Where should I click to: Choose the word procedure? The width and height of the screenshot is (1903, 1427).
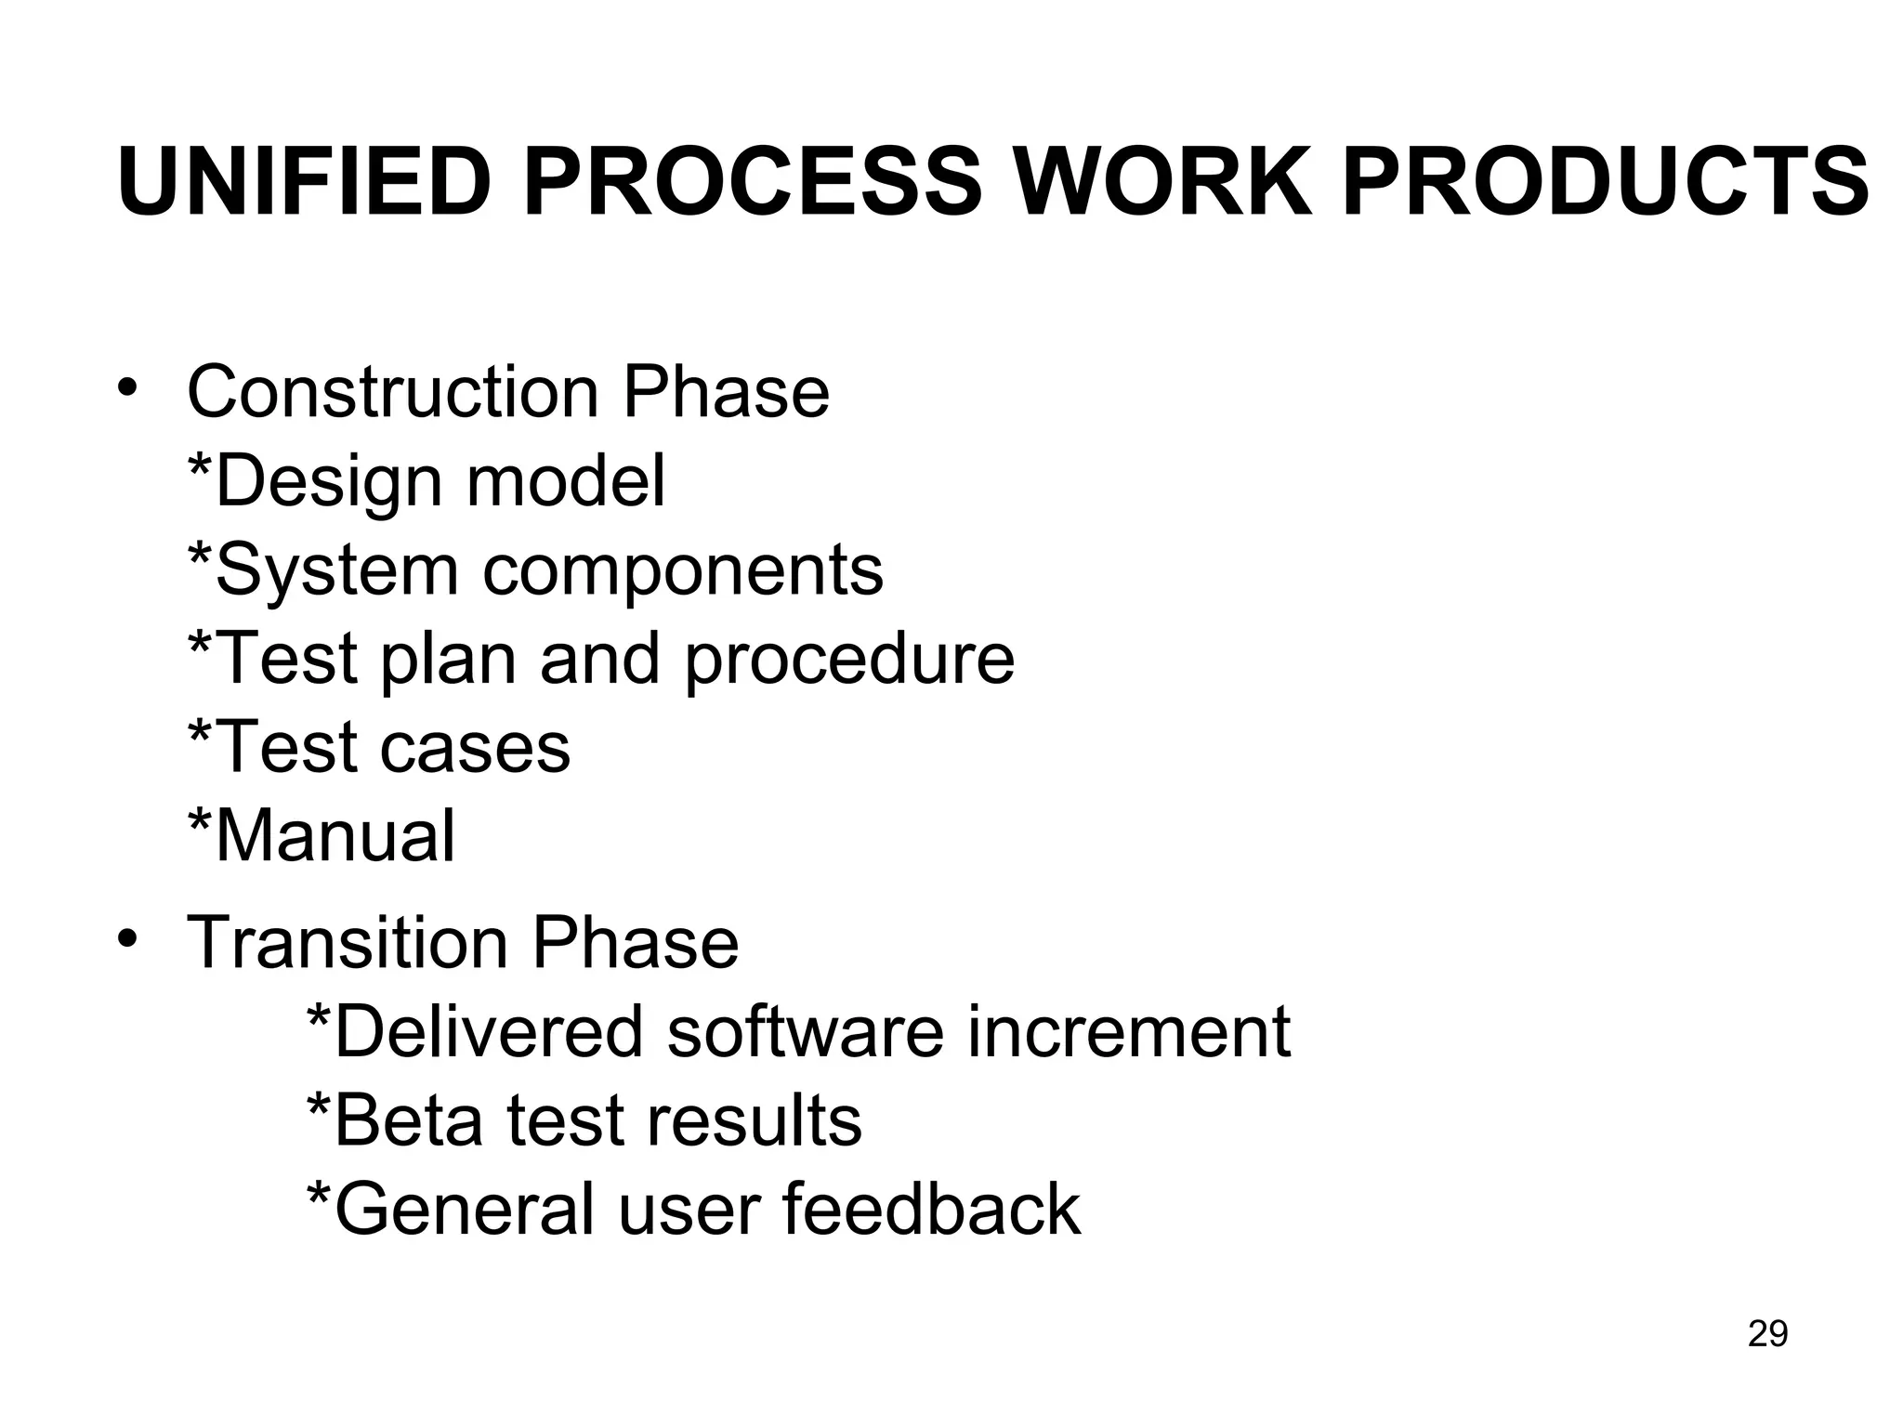pyautogui.click(x=849, y=660)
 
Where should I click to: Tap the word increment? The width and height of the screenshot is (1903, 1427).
pyautogui.click(x=1128, y=1031)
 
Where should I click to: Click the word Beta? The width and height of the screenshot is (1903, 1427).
pyautogui.click(x=409, y=1120)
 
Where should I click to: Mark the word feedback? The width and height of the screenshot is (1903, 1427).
pyautogui.click(x=932, y=1209)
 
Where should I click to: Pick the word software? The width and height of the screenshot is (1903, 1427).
pyautogui.click(x=805, y=1031)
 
